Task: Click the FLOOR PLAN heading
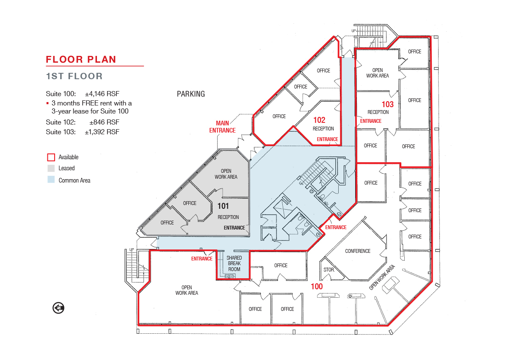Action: (81, 59)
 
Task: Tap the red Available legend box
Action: (51, 157)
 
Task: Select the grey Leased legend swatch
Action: (51, 168)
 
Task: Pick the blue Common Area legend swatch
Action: (51, 180)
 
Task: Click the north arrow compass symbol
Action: (58, 308)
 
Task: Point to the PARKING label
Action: (191, 94)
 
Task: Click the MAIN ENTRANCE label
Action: (222, 127)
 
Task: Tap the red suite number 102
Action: (319, 120)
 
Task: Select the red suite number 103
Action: (388, 104)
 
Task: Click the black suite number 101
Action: (223, 206)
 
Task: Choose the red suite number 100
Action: (317, 286)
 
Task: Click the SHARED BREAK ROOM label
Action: (234, 263)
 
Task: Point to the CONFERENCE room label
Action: (358, 251)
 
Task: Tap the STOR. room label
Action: (329, 270)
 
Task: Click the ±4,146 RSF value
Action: (102, 94)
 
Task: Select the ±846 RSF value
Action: (104, 122)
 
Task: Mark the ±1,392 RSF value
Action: (102, 132)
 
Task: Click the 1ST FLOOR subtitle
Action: (75, 76)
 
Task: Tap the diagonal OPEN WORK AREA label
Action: (382, 277)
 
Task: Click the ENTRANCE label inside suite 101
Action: (234, 228)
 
